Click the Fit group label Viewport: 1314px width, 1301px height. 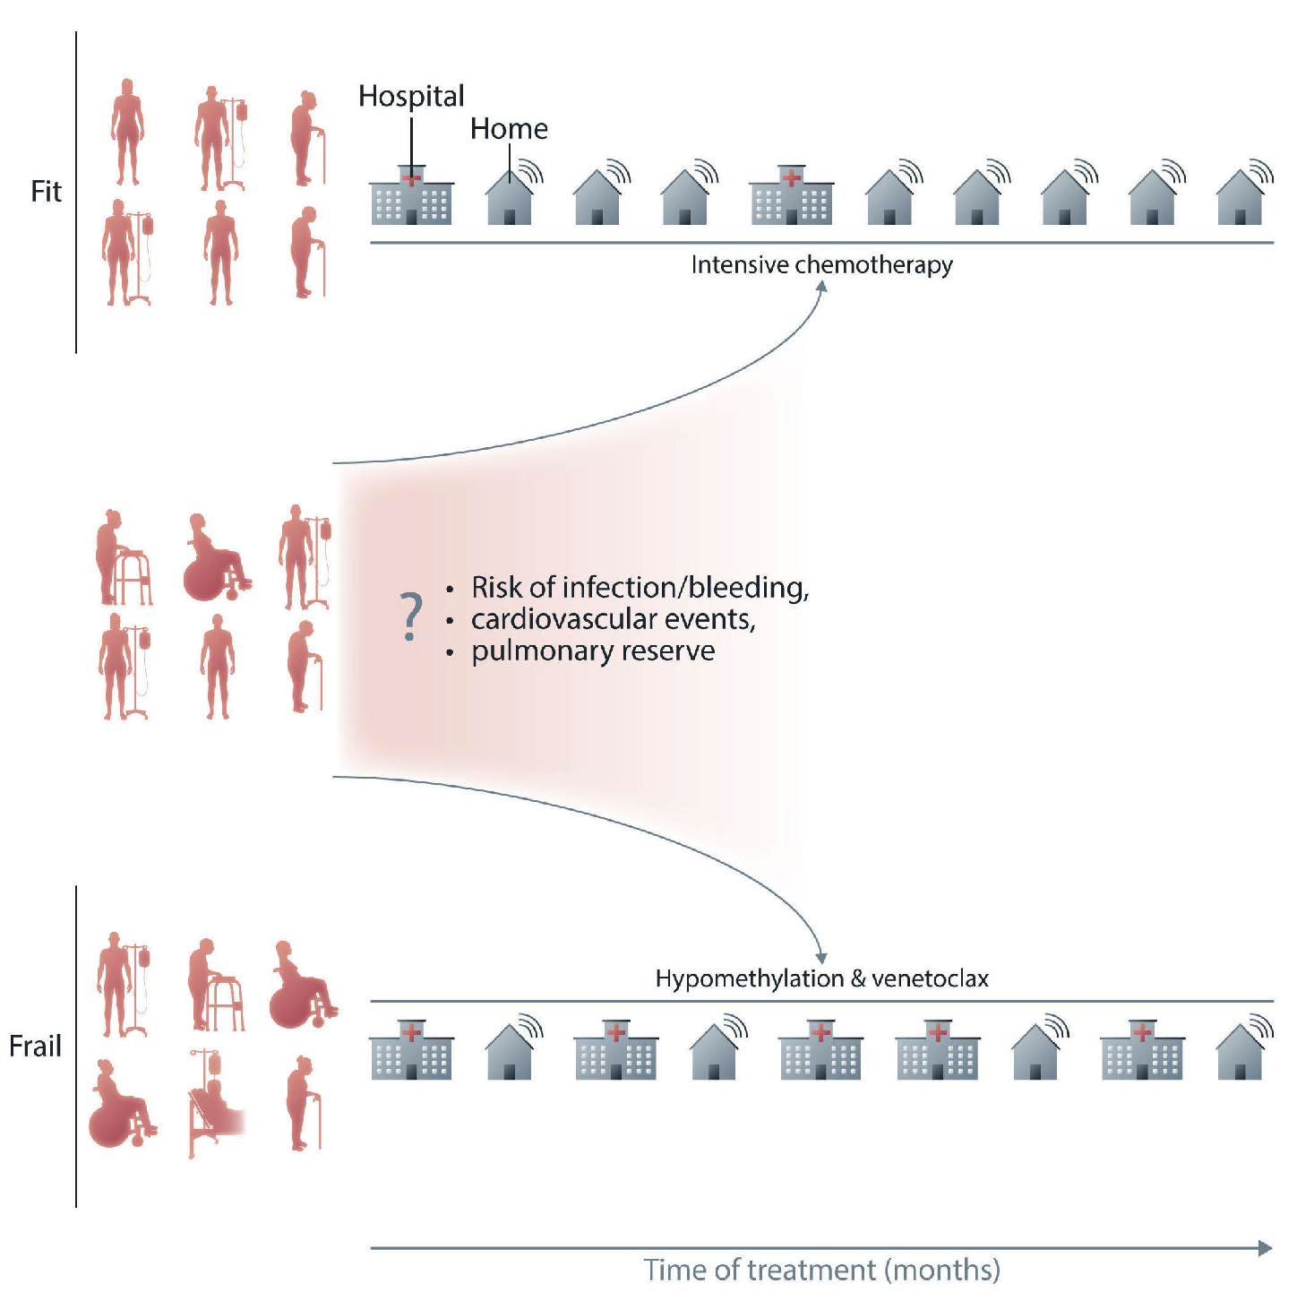tap(46, 191)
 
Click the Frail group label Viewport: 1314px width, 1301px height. tap(35, 1046)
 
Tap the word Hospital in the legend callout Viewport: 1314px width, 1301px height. tap(411, 96)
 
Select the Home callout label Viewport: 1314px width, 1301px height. tap(509, 129)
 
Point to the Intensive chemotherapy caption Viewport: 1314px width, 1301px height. tap(821, 265)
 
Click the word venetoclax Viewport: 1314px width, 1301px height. tap(930, 978)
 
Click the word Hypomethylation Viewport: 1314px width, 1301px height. tap(749, 978)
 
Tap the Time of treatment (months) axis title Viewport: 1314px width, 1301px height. tap(821, 1270)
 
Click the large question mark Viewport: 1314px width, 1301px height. tap(410, 616)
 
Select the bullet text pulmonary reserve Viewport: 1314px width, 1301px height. tap(593, 650)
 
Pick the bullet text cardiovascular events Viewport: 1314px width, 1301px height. tap(613, 619)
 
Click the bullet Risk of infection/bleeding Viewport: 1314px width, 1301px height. tap(640, 588)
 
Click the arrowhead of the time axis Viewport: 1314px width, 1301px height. tap(1265, 1248)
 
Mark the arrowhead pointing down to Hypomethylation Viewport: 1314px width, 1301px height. tap(821, 958)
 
